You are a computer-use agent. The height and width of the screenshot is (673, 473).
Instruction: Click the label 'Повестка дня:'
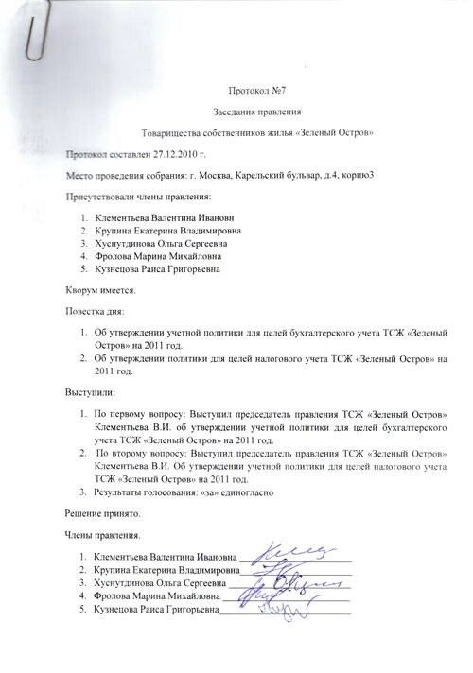click(95, 311)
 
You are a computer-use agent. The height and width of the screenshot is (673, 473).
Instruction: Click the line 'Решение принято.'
click(102, 513)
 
